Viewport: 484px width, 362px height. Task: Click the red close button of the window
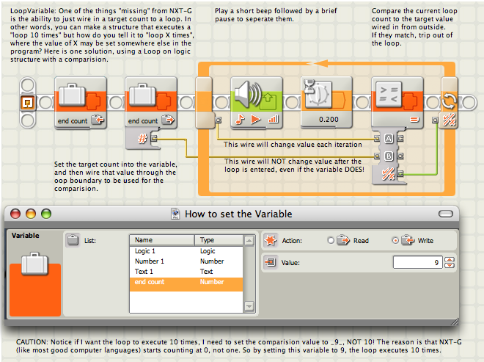(15, 214)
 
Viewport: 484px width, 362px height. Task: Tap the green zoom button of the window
(46, 214)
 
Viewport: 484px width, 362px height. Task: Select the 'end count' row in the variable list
(186, 282)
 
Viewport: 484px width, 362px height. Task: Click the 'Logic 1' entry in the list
(144, 251)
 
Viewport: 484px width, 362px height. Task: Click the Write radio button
(395, 241)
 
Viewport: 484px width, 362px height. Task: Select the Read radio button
(331, 241)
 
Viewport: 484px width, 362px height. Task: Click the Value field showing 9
(418, 262)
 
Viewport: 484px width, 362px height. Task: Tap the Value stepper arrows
(449, 262)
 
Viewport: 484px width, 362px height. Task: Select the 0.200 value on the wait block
(329, 120)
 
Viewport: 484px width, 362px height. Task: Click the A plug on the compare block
(389, 139)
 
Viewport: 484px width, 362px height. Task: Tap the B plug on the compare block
(389, 156)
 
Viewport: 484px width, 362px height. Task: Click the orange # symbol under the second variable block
(142, 138)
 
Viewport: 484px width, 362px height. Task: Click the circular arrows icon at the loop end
(449, 101)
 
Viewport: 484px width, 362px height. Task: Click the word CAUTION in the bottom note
(32, 342)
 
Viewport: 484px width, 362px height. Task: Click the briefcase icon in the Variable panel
(35, 264)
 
